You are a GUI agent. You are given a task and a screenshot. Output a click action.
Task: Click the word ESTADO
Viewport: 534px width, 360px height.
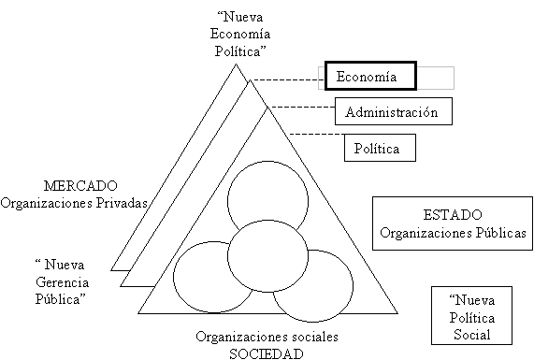point(453,214)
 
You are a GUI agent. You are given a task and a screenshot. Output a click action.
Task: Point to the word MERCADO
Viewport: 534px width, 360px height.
point(80,186)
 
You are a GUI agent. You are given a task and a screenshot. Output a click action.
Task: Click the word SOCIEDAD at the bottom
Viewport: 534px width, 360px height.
point(267,353)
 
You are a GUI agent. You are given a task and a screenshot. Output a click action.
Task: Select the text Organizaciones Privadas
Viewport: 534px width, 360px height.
point(74,203)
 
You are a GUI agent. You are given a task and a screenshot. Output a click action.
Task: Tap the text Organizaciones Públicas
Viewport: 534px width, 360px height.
point(453,233)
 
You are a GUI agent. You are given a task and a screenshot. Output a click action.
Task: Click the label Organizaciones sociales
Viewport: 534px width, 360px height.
point(267,337)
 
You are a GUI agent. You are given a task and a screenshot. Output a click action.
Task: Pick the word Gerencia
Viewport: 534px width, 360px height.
point(63,282)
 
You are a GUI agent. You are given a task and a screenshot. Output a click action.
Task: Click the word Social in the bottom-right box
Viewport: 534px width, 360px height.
point(471,335)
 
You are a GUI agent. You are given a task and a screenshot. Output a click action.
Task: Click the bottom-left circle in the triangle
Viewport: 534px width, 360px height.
point(174,277)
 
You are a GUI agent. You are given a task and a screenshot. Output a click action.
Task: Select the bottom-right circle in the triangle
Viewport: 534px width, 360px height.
point(353,285)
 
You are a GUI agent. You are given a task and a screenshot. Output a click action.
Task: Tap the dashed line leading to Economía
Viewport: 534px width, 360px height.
point(286,80)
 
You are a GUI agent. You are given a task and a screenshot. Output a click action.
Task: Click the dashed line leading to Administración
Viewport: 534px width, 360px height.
point(303,107)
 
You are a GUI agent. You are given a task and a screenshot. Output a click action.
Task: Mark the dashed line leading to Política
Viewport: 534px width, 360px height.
point(317,135)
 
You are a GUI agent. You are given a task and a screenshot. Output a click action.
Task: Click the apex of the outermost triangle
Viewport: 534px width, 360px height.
point(236,64)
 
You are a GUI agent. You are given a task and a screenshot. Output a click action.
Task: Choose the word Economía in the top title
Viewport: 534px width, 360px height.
point(240,34)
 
